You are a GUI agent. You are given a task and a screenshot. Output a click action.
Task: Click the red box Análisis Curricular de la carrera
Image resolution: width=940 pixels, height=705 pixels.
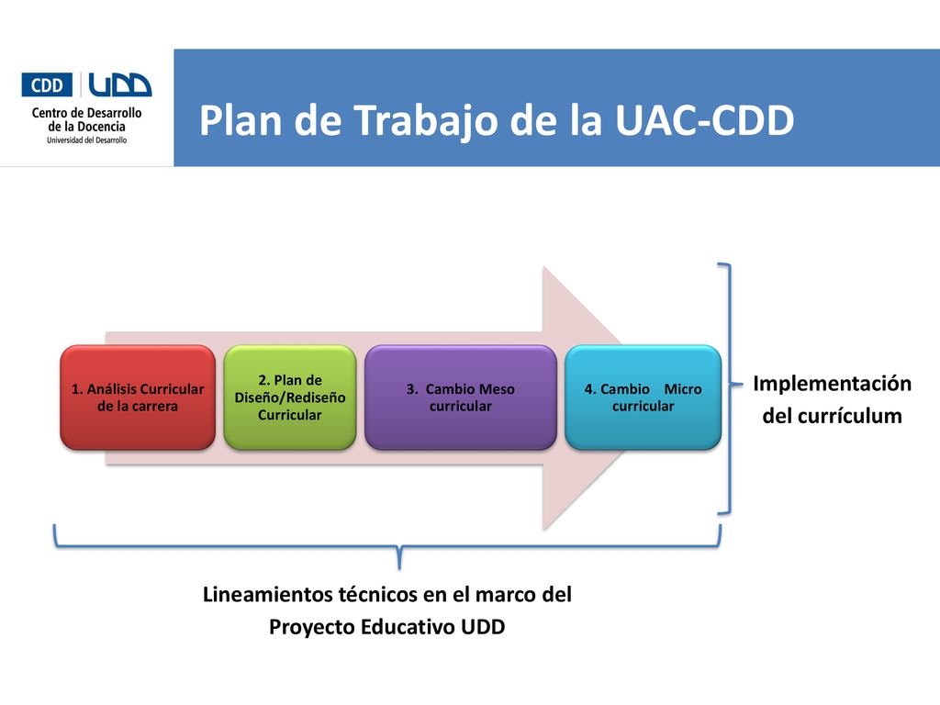coord(138,397)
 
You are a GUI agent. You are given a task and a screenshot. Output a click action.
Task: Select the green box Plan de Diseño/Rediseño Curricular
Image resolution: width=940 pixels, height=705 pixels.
coord(290,397)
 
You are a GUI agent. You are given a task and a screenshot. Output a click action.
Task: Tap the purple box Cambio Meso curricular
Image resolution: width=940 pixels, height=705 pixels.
coord(461,397)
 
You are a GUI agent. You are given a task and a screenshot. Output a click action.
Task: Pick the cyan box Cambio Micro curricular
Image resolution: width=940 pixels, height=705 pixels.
coord(643,397)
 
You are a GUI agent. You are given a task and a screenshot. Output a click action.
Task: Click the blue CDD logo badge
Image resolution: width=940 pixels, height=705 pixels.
coord(47,85)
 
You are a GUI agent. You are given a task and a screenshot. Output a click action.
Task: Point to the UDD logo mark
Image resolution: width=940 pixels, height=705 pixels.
coord(120,85)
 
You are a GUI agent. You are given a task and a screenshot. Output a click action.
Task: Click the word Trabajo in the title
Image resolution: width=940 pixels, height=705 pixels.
coord(427,121)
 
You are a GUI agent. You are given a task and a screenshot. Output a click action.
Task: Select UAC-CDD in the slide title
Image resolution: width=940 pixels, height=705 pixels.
coord(705,120)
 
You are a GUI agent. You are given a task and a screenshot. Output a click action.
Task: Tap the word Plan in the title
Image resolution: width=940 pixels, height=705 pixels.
coord(241,120)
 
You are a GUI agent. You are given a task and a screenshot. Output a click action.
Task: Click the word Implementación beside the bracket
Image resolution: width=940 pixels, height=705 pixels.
coord(832,384)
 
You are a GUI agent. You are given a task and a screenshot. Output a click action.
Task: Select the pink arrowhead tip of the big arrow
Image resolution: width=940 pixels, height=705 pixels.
coord(623,397)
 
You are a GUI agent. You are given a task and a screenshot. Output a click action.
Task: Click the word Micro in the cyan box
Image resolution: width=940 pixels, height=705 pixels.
coord(683,389)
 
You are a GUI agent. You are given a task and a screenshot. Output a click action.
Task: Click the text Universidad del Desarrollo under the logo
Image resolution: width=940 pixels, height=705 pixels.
coord(87,140)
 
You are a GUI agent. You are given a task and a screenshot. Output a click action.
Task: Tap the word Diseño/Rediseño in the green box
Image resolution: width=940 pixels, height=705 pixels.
coord(290,398)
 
